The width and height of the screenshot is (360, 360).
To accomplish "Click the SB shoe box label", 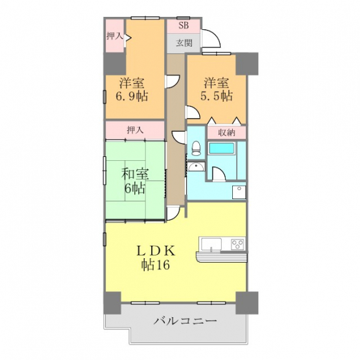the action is tap(184, 25).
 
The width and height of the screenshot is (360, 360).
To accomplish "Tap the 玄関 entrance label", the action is tap(184, 43).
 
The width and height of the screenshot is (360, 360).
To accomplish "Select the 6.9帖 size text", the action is tap(132, 96).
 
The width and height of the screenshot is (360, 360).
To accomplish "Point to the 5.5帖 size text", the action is tap(217, 96).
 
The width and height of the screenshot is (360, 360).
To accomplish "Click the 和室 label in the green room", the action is tap(135, 174).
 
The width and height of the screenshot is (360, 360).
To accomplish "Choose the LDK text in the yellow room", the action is tap(156, 251).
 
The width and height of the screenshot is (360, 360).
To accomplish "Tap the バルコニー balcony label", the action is tap(185, 320).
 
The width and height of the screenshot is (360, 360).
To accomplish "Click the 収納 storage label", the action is tap(226, 133).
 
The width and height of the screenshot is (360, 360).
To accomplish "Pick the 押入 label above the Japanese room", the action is tap(135, 130).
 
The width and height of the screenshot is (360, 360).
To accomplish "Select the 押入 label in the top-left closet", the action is tap(115, 36).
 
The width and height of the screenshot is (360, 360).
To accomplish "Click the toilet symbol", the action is tap(196, 149).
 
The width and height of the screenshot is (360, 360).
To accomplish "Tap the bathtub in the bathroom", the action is tap(221, 148).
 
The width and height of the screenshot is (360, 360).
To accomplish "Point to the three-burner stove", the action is tap(237, 245).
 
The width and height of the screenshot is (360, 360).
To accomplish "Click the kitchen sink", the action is tap(211, 245).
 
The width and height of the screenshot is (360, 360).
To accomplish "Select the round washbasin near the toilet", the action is tap(196, 167).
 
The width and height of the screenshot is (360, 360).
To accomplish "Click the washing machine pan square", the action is tap(239, 192).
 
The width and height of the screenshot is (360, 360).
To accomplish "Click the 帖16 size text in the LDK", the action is tap(156, 265).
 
